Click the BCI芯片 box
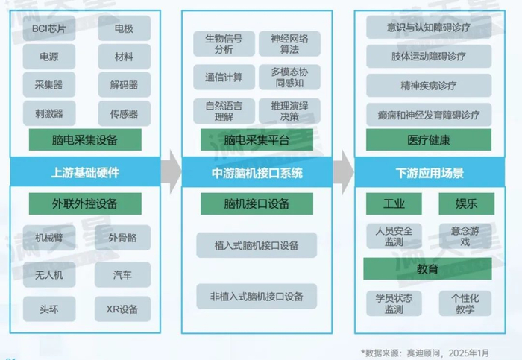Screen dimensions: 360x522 [x=49, y=29]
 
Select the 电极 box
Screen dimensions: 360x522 [x=124, y=29]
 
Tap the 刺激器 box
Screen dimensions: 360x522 [x=49, y=114]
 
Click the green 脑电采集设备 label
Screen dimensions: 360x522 [x=84, y=139]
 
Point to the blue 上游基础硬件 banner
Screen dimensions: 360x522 [x=84, y=173]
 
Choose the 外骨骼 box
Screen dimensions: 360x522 [x=122, y=238]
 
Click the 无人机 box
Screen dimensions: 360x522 [x=49, y=274]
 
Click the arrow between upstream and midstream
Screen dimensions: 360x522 [x=172, y=172]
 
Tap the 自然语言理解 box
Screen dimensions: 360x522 [x=224, y=110]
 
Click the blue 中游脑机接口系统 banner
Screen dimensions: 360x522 [x=257, y=173]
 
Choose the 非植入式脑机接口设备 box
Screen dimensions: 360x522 [x=257, y=296]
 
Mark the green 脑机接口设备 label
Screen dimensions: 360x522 [x=257, y=203]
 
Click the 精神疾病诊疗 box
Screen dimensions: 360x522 [x=429, y=86]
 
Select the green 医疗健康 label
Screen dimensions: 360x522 [x=429, y=139]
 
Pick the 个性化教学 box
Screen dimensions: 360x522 [x=465, y=303]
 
